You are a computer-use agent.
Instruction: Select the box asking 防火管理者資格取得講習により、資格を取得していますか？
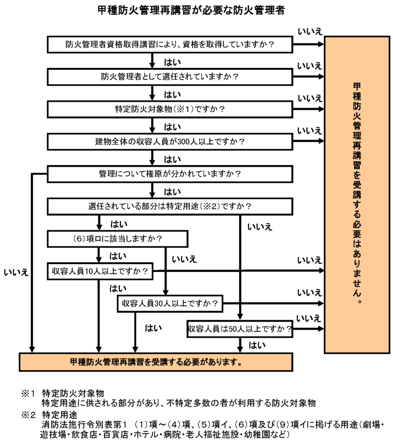[x=170, y=44]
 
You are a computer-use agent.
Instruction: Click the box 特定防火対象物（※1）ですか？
[x=170, y=109]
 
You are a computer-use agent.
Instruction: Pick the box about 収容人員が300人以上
[x=170, y=142]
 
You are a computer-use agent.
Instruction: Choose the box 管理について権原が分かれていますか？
[x=170, y=174]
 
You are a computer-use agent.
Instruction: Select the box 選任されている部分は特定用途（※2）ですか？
[x=170, y=206]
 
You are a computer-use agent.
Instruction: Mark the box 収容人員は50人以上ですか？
[x=240, y=329]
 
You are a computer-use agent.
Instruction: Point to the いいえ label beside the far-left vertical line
[x=16, y=271]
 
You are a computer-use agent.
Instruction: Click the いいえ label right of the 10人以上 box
[x=309, y=260]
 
